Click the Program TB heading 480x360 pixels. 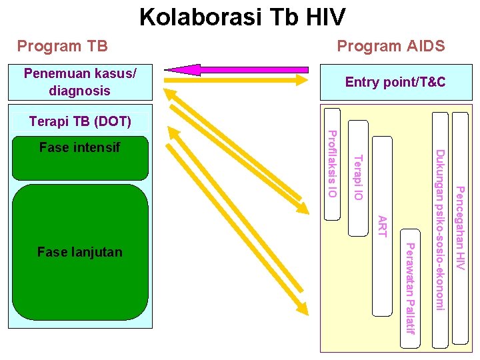(x=62, y=46)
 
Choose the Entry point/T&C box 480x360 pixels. (x=395, y=83)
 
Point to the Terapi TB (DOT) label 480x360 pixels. (x=79, y=122)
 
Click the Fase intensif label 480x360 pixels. (x=79, y=147)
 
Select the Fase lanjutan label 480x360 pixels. (x=79, y=252)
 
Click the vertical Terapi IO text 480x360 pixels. (x=357, y=177)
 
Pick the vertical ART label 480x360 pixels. (x=382, y=226)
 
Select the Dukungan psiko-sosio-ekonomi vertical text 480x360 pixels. (x=439, y=230)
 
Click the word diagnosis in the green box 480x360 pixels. (x=80, y=90)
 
